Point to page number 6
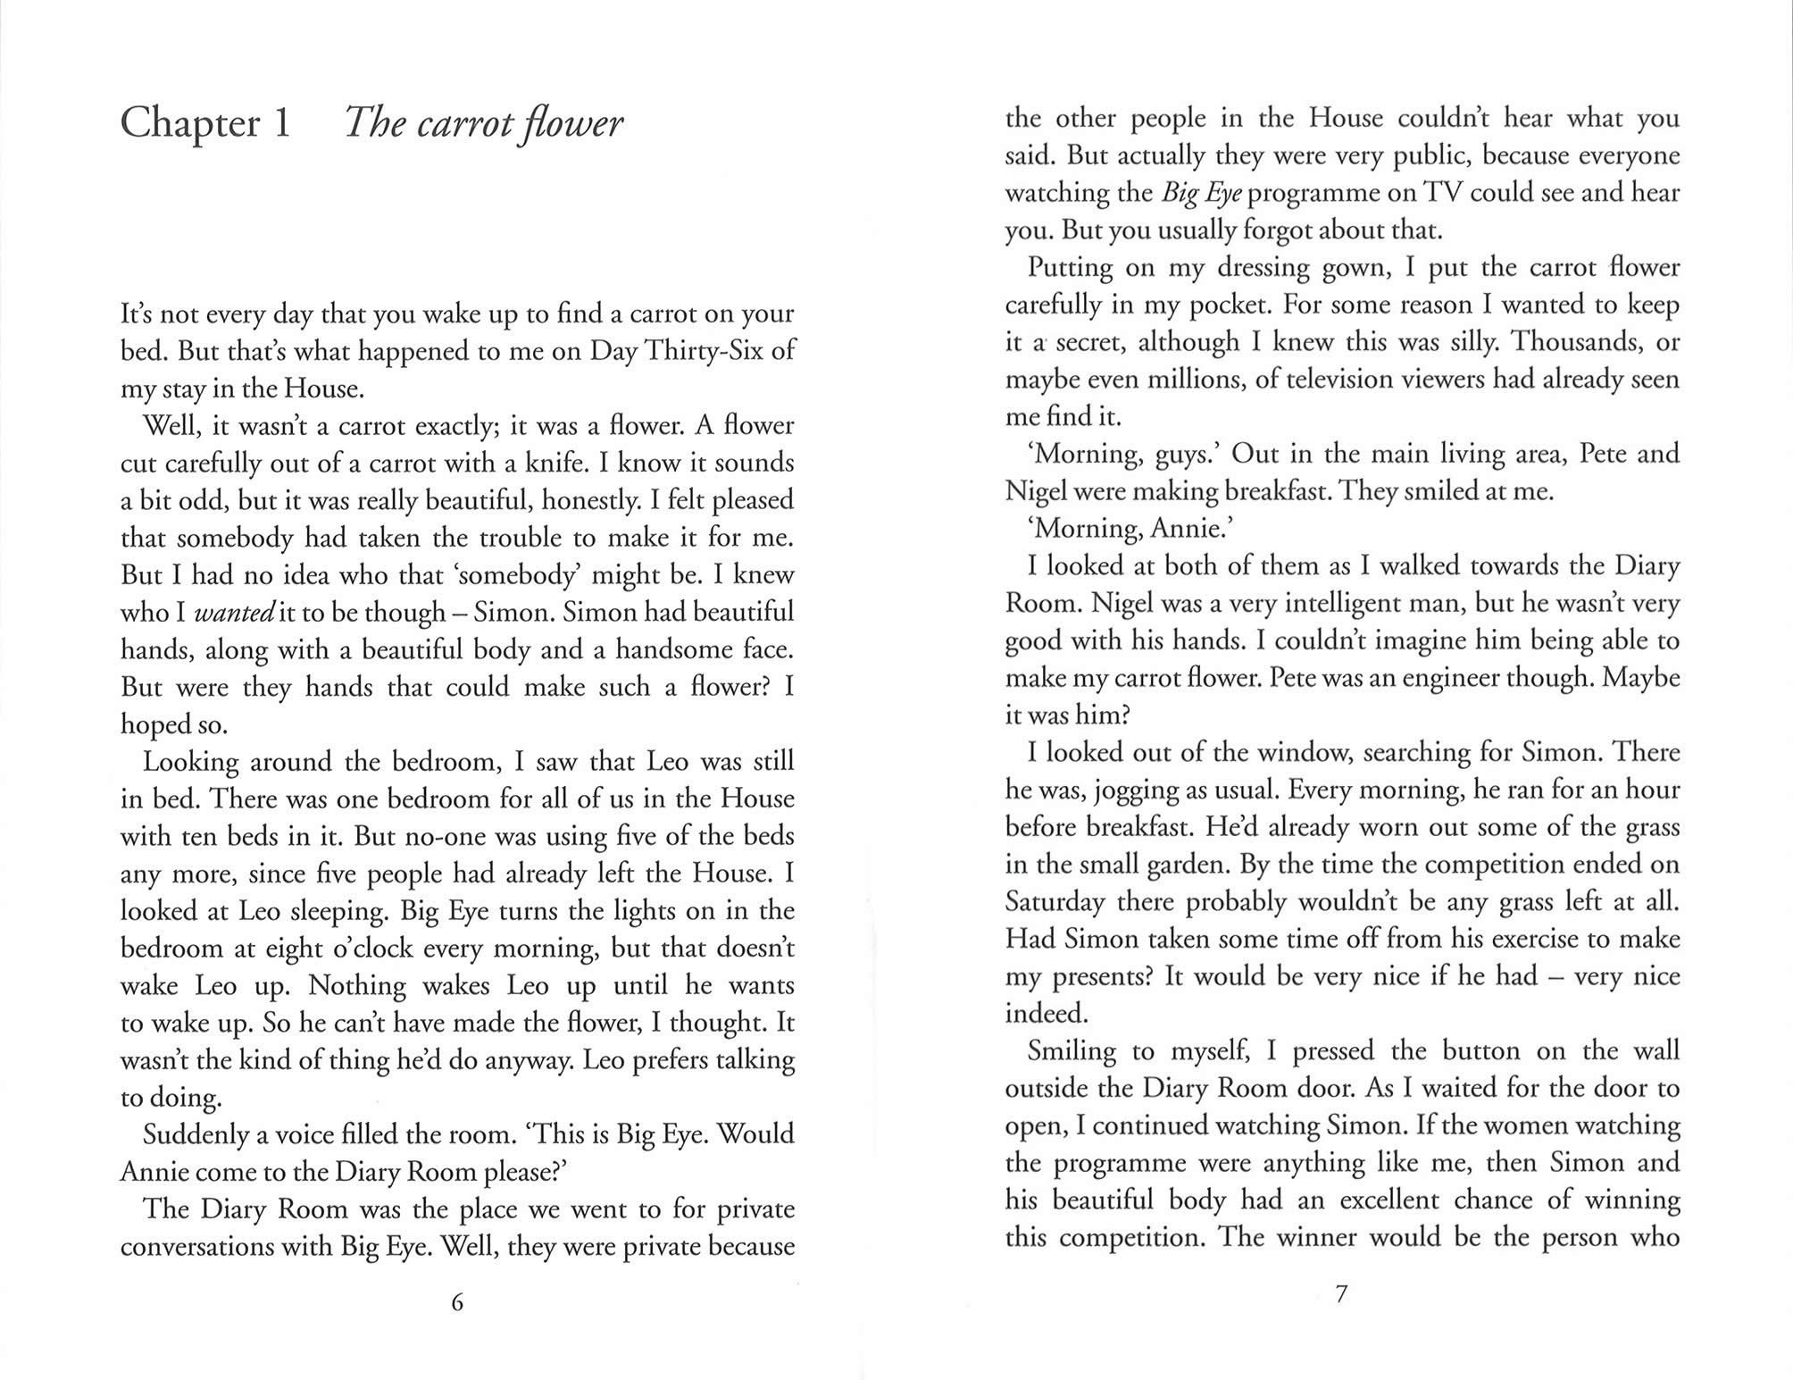[457, 1302]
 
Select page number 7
[1340, 1294]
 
